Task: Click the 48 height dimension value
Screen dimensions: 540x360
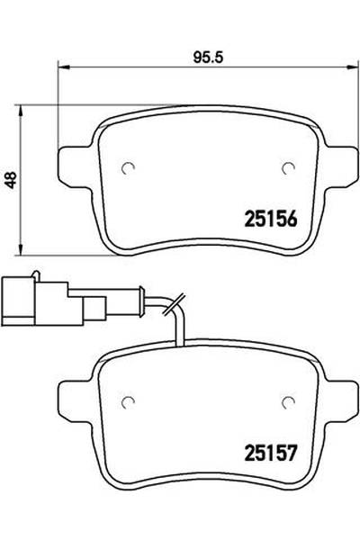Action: pos(10,181)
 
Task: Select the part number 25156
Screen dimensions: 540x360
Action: pos(272,218)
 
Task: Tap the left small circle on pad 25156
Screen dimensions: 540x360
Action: pos(129,166)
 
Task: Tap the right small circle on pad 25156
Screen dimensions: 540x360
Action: pos(289,166)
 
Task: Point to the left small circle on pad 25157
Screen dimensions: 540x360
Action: pos(129,400)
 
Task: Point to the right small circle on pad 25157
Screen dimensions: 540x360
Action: pos(289,400)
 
